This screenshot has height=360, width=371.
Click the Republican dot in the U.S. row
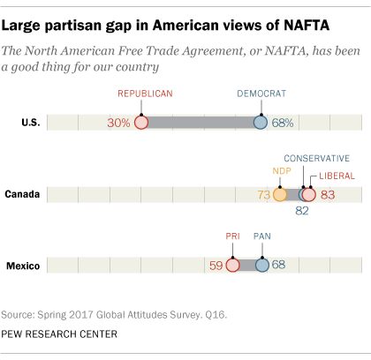pyautogui.click(x=141, y=123)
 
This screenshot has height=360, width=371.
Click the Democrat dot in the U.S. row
pyautogui.click(x=260, y=123)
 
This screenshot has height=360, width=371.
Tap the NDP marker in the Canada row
pyautogui.click(x=280, y=194)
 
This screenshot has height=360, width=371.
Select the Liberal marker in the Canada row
pyautogui.click(x=308, y=194)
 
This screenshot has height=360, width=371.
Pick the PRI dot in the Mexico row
pyautogui.click(x=232, y=265)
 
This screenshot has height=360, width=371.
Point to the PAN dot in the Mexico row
pyautogui.click(x=261, y=265)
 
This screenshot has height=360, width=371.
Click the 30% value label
pyautogui.click(x=119, y=123)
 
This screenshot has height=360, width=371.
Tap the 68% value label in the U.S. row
pyautogui.click(x=283, y=123)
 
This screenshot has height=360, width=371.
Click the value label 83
pyautogui.click(x=329, y=194)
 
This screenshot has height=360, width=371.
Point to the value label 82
pyautogui.click(x=302, y=211)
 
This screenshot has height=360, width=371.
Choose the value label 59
pyautogui.click(x=216, y=265)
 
